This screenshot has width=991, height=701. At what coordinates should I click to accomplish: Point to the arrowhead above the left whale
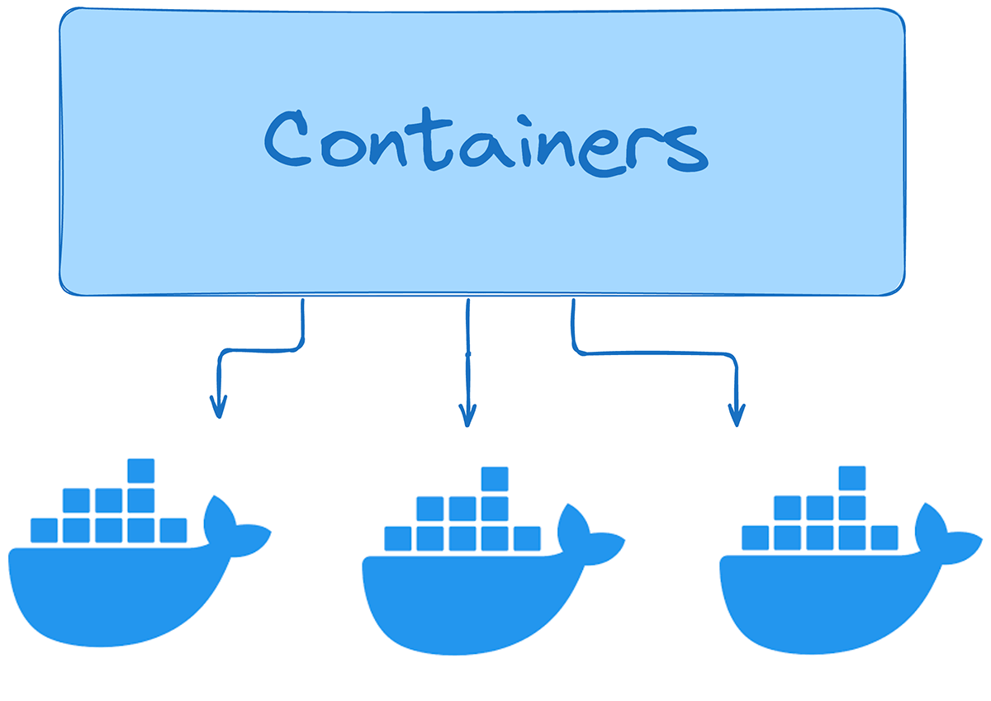(x=218, y=407)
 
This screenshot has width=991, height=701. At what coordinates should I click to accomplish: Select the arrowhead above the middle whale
(x=468, y=415)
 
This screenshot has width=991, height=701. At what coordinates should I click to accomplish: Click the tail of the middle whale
(x=587, y=532)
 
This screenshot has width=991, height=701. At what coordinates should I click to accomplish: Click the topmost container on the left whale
(x=141, y=470)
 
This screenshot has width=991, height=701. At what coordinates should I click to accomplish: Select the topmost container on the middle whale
(x=495, y=479)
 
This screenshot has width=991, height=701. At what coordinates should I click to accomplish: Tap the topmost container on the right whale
(x=852, y=478)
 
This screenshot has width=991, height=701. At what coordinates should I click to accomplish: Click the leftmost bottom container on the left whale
(x=44, y=530)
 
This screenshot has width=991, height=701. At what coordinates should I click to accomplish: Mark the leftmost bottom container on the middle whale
(x=397, y=539)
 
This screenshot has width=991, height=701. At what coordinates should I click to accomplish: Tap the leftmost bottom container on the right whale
(x=755, y=538)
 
